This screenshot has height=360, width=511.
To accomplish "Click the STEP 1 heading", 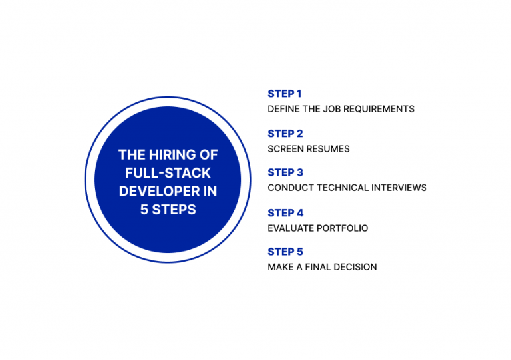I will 285,94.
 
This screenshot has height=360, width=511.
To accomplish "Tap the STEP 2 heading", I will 285,134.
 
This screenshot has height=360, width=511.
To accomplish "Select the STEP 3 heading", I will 285,172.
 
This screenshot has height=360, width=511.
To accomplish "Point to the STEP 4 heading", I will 285,213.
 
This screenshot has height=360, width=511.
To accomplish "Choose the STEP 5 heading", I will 285,252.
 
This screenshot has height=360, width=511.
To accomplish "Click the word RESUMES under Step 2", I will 329,149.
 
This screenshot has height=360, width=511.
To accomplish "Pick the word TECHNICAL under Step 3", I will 341,188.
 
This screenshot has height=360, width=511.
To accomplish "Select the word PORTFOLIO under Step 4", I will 344,228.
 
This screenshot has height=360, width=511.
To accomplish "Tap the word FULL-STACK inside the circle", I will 168,173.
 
